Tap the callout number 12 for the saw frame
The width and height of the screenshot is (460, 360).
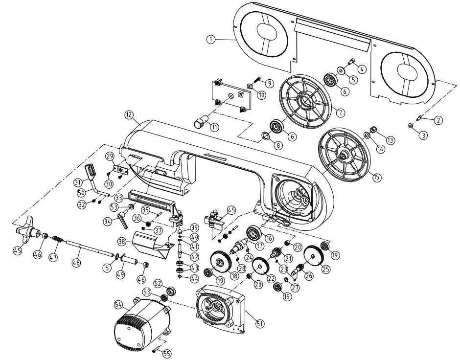(x=129, y=115)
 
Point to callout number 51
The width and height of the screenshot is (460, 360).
(x=260, y=323)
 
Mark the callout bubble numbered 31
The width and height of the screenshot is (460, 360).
(x=77, y=182)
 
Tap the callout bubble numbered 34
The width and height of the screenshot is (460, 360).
(x=107, y=221)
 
